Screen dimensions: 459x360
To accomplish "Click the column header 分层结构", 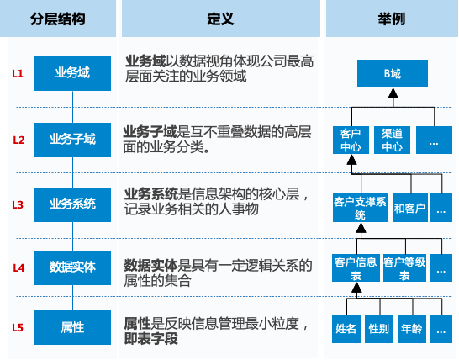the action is click(x=58, y=19).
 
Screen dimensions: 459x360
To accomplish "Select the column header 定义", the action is click(x=220, y=19).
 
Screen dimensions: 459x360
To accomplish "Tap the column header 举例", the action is click(x=392, y=19).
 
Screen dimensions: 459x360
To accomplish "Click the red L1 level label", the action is click(x=18, y=73).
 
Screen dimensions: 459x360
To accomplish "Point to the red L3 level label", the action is click(x=18, y=204).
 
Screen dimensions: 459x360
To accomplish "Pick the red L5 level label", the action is click(x=18, y=327).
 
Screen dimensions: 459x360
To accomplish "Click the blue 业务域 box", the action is click(x=72, y=73).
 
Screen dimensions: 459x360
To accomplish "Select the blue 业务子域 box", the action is click(x=72, y=140).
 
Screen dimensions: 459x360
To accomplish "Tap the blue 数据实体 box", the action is click(x=72, y=267).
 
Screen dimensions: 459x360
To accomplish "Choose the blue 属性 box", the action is click(x=72, y=327).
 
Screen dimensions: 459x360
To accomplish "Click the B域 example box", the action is click(x=393, y=73).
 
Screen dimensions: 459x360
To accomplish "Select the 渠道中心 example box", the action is click(x=393, y=140).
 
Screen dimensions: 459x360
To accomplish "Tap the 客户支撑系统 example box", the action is click(x=360, y=208).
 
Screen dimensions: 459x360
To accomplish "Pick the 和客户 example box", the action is click(x=410, y=208).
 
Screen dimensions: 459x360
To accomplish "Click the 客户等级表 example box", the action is click(x=404, y=268).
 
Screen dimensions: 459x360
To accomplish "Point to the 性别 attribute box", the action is click(x=379, y=329).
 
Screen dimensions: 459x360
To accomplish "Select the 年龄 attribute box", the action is click(x=412, y=329).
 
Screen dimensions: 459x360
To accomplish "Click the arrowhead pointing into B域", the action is click(x=393, y=93).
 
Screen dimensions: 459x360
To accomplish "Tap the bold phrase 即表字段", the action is click(x=151, y=339).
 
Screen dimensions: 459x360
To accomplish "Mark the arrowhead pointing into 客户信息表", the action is click(x=356, y=288).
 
